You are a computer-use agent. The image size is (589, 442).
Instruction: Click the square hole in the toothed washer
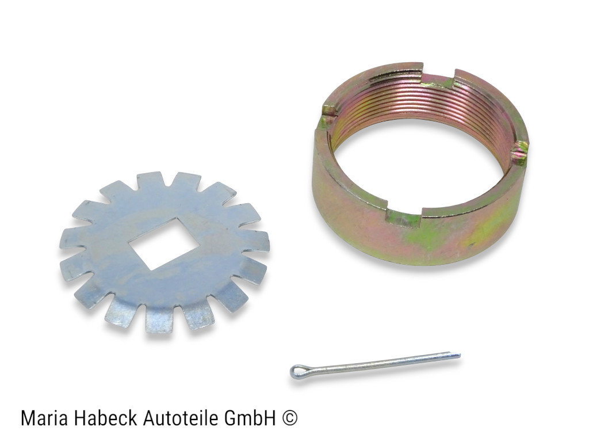164,243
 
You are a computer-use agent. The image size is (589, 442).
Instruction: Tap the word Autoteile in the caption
182,418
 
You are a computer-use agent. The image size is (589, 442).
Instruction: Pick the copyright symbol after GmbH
289,418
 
